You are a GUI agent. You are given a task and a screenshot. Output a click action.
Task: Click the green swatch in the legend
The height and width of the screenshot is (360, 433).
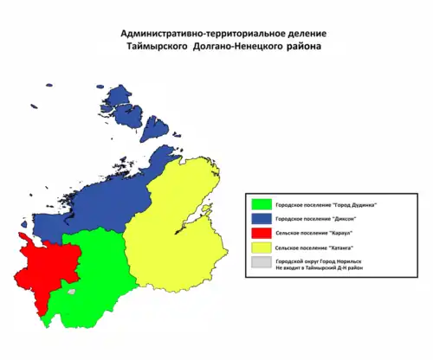tap(258, 205)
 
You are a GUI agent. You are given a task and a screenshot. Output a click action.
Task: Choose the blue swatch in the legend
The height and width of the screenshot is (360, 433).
tap(258, 219)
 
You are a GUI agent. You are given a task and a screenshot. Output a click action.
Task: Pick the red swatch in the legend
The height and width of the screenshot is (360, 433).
tap(258, 233)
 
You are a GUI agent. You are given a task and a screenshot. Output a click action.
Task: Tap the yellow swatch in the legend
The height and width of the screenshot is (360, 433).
tap(258, 247)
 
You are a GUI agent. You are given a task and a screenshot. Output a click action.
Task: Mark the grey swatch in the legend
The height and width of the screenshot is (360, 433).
tap(258, 261)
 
